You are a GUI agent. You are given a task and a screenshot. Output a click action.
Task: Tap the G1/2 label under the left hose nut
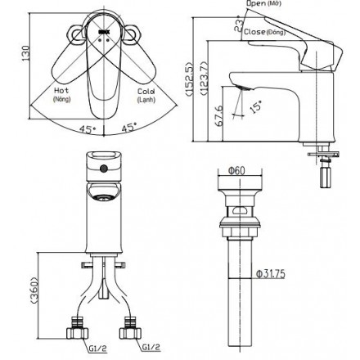pyautogui.click(x=96, y=347)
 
